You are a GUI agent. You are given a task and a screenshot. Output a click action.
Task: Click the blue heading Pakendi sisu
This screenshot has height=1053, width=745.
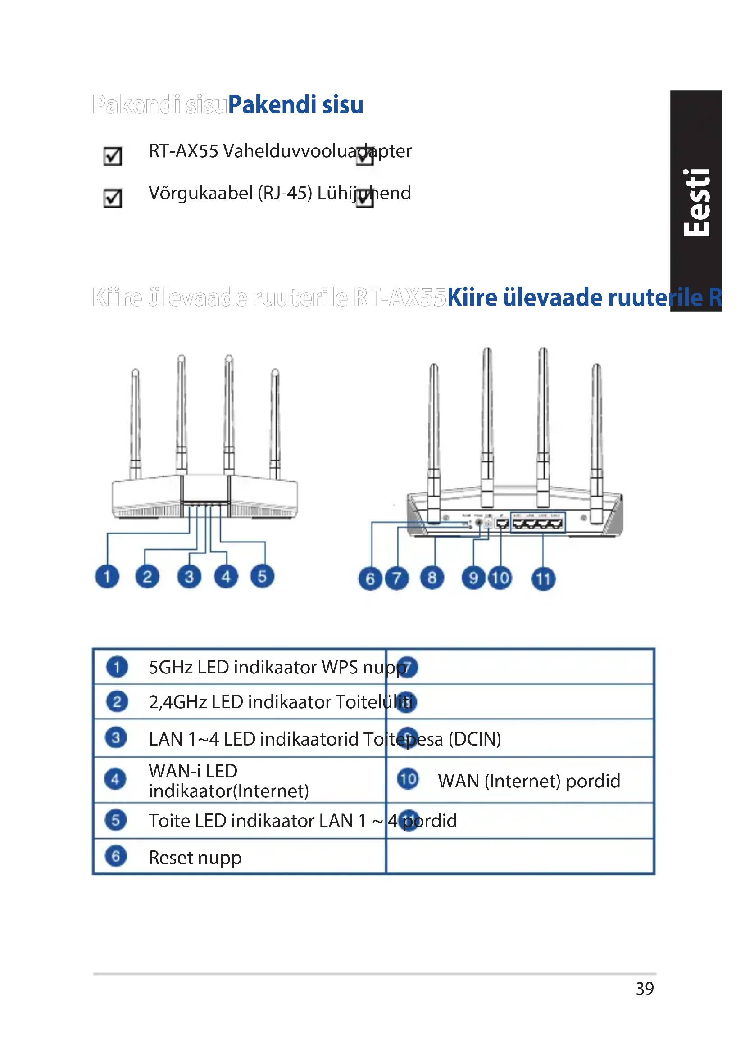coord(295,104)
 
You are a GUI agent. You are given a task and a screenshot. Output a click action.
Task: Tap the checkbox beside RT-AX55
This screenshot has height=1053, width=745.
coord(113,156)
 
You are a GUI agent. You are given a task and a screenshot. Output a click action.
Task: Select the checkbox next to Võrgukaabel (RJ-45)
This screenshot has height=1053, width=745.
coord(113,198)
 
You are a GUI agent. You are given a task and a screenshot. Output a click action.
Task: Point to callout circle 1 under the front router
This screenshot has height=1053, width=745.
coord(107,577)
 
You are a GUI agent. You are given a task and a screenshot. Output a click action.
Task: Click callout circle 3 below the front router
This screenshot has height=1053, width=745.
coord(189,577)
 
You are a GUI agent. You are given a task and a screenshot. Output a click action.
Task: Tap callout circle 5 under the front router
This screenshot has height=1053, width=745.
coord(262,577)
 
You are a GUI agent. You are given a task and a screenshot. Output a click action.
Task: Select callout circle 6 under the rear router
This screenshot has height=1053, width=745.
coord(370,579)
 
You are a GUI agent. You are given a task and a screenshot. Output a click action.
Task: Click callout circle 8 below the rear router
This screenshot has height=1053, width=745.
coord(432,578)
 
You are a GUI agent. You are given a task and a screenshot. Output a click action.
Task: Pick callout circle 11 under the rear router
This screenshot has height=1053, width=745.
coord(543,579)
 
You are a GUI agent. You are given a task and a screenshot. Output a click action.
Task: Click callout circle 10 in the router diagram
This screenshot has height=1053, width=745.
coord(500,578)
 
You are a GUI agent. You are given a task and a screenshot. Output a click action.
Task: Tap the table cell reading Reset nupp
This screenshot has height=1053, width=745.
coord(195,857)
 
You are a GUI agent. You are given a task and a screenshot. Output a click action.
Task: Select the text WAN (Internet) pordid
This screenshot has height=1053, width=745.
coord(528,781)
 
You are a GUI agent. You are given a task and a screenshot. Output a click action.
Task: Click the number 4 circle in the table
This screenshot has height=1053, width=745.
coord(115,779)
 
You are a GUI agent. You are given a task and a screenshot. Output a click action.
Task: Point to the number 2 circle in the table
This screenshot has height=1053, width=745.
coord(117,702)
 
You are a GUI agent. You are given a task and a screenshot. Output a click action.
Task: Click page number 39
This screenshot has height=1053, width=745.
coord(645,989)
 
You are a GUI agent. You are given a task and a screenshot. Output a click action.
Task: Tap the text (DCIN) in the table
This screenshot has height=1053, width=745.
coord(474,739)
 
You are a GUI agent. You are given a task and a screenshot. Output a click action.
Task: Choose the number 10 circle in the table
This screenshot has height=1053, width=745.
coord(408,779)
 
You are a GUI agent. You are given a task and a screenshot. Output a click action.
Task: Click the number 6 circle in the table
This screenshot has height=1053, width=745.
coord(116,856)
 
